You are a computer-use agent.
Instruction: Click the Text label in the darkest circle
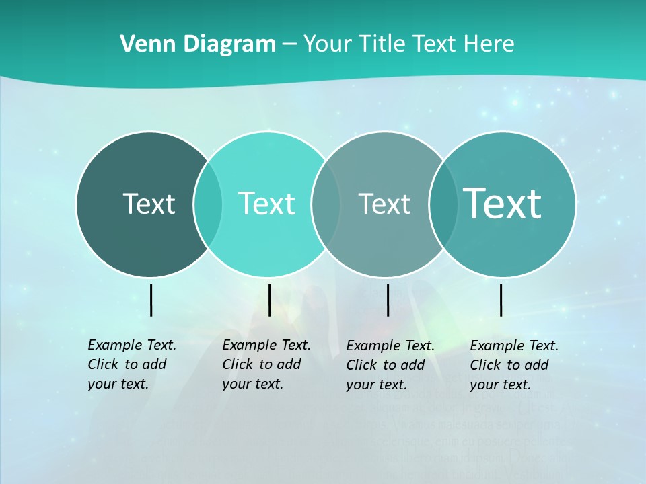[x=149, y=204]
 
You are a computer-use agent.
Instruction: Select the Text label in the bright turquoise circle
[x=266, y=204]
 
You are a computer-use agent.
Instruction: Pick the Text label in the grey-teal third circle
[x=384, y=204]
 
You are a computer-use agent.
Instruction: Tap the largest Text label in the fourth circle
[x=503, y=203]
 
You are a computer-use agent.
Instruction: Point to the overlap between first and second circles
[x=208, y=204]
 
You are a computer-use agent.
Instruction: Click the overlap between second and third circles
[x=326, y=204]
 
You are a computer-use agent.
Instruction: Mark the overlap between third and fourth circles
[x=443, y=204]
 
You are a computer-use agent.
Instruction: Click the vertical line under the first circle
[x=151, y=300]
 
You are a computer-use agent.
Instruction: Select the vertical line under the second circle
[x=269, y=300]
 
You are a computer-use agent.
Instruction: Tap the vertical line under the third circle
[x=388, y=300]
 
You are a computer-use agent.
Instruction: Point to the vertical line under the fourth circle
[x=501, y=300]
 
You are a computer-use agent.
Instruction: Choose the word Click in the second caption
[x=238, y=364]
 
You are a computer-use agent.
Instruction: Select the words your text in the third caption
[x=377, y=385]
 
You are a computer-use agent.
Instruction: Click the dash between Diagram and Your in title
[x=289, y=44]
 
